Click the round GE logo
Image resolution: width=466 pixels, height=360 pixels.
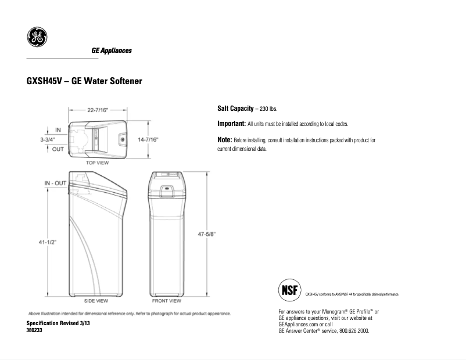click(x=37, y=37)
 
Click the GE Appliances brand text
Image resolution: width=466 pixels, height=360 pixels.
click(x=112, y=51)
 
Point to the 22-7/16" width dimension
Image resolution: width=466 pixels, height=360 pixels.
click(x=98, y=109)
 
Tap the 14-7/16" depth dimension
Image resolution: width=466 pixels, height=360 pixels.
click(x=148, y=140)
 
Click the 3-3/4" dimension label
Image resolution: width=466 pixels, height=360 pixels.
click(x=48, y=140)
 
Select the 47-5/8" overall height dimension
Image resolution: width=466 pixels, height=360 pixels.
click(x=206, y=234)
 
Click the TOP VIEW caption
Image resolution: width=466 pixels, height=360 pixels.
click(x=98, y=163)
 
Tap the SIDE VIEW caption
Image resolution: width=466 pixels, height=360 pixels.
click(x=96, y=301)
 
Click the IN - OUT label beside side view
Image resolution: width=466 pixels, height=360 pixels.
click(x=55, y=183)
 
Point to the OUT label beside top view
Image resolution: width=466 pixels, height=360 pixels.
click(x=58, y=149)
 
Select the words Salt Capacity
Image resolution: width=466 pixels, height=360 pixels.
click(x=235, y=109)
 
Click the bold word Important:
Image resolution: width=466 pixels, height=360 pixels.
click(x=231, y=124)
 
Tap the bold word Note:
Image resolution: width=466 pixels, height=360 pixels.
click(x=224, y=140)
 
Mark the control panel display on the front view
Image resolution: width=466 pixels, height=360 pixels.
click(x=167, y=188)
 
